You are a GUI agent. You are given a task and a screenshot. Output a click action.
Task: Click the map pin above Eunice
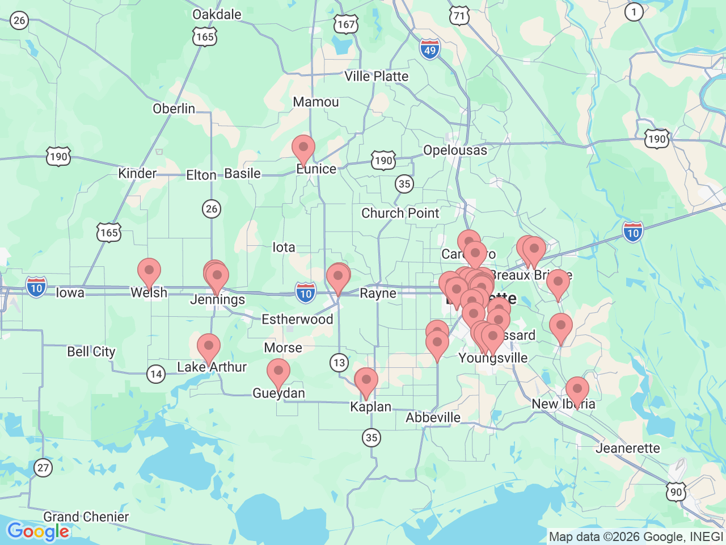click(x=303, y=149)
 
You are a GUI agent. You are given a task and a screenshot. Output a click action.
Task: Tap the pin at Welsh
click(x=149, y=272)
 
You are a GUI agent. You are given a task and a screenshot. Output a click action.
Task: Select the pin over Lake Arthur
click(x=209, y=347)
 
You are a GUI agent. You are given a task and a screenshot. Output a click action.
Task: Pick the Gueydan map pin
click(x=278, y=373)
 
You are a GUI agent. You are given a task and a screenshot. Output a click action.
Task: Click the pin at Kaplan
click(x=366, y=381)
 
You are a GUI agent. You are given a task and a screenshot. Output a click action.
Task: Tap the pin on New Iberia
click(x=577, y=391)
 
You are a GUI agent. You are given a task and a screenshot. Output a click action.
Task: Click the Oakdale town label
click(x=217, y=14)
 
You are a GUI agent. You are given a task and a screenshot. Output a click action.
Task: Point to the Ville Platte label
click(x=376, y=76)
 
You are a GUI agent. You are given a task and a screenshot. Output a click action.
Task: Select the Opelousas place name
click(x=455, y=150)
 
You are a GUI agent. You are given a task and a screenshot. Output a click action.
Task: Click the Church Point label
click(x=400, y=213)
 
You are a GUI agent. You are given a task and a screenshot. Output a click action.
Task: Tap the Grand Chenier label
click(x=86, y=517)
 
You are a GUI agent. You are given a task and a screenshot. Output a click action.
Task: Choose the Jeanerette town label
click(x=628, y=448)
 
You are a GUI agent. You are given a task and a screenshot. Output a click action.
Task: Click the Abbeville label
click(x=433, y=417)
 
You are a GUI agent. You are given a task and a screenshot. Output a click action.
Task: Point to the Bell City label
click(x=91, y=352)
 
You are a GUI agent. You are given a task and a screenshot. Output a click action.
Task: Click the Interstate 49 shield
click(x=430, y=49)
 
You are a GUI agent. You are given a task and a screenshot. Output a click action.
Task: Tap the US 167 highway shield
click(x=345, y=24)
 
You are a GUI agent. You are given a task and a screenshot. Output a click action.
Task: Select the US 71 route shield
click(x=459, y=15)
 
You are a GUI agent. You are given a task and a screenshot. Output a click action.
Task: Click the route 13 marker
click(x=339, y=363)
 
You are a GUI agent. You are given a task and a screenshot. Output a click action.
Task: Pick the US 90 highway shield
click(x=676, y=492)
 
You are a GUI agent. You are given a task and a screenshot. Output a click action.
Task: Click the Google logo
click(x=39, y=531)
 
